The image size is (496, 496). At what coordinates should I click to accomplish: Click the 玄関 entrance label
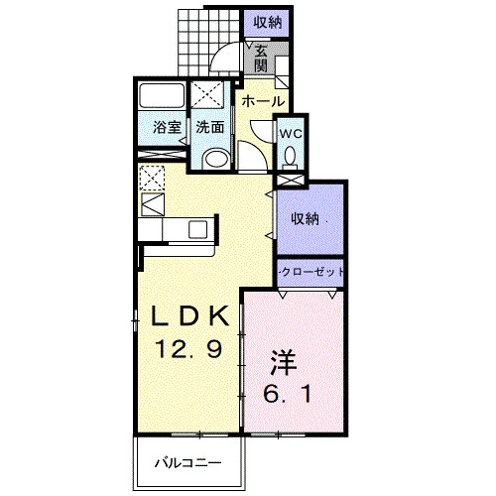[x=261, y=59]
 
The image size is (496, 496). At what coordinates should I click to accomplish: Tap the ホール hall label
[x=263, y=101]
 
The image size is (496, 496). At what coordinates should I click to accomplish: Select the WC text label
[x=291, y=134]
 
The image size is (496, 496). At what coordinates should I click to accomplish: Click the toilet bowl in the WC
[x=291, y=156]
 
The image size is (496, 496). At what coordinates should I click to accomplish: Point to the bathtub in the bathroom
[x=162, y=95]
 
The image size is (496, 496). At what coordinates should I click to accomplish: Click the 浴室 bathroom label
[x=167, y=127]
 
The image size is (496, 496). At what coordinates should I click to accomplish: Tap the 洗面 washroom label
[x=210, y=127]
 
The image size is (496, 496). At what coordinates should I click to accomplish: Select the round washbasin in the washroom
[x=216, y=158]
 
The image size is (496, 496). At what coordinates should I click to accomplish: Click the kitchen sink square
[x=197, y=229]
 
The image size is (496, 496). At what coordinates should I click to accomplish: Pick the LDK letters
[x=190, y=316]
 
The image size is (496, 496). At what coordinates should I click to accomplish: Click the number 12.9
[x=188, y=349]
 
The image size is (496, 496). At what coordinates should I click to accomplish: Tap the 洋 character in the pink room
[x=284, y=363]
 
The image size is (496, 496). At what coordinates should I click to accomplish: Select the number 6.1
[x=287, y=395]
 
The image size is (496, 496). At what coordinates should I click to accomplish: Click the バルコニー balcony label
[x=187, y=463]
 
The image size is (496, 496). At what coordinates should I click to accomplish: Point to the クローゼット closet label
[x=312, y=272]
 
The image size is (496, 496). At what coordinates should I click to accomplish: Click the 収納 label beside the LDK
[x=305, y=218]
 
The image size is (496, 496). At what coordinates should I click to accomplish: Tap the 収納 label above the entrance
[x=268, y=23]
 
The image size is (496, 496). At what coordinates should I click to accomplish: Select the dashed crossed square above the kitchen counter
[x=152, y=178]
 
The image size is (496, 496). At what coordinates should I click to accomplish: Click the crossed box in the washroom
[x=207, y=94]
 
